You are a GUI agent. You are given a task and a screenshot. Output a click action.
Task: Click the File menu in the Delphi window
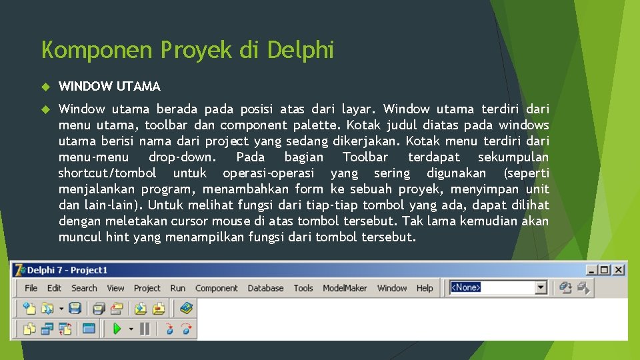tap(31, 288)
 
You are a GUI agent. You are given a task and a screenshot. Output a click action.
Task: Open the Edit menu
tap(54, 288)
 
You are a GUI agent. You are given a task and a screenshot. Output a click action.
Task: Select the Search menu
tap(84, 288)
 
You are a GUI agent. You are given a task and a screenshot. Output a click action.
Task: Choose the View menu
tap(115, 288)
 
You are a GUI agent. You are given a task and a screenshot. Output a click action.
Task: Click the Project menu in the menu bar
tap(147, 288)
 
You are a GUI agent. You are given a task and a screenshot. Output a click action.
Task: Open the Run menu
tap(177, 288)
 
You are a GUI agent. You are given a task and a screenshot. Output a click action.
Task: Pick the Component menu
tap(216, 288)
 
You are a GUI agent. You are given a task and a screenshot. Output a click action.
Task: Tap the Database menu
tap(265, 288)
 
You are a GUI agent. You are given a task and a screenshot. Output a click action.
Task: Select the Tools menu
tap(303, 288)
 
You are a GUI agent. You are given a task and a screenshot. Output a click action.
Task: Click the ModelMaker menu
tap(345, 288)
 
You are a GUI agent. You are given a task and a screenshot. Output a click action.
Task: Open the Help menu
tap(425, 288)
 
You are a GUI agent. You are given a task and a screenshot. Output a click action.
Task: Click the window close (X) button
tap(619, 270)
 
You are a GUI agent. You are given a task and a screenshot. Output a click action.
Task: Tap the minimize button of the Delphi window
tap(592, 270)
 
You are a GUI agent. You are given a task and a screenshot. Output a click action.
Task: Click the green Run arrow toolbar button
tap(117, 328)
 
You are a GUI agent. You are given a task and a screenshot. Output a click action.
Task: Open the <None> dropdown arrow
tap(541, 288)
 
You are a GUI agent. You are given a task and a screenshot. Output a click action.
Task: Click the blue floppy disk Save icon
tap(75, 308)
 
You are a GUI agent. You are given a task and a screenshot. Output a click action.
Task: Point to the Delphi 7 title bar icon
tap(19, 270)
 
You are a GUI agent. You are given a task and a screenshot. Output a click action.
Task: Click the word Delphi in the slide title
tap(300, 50)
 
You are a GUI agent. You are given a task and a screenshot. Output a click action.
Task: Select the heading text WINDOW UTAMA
tap(109, 86)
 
